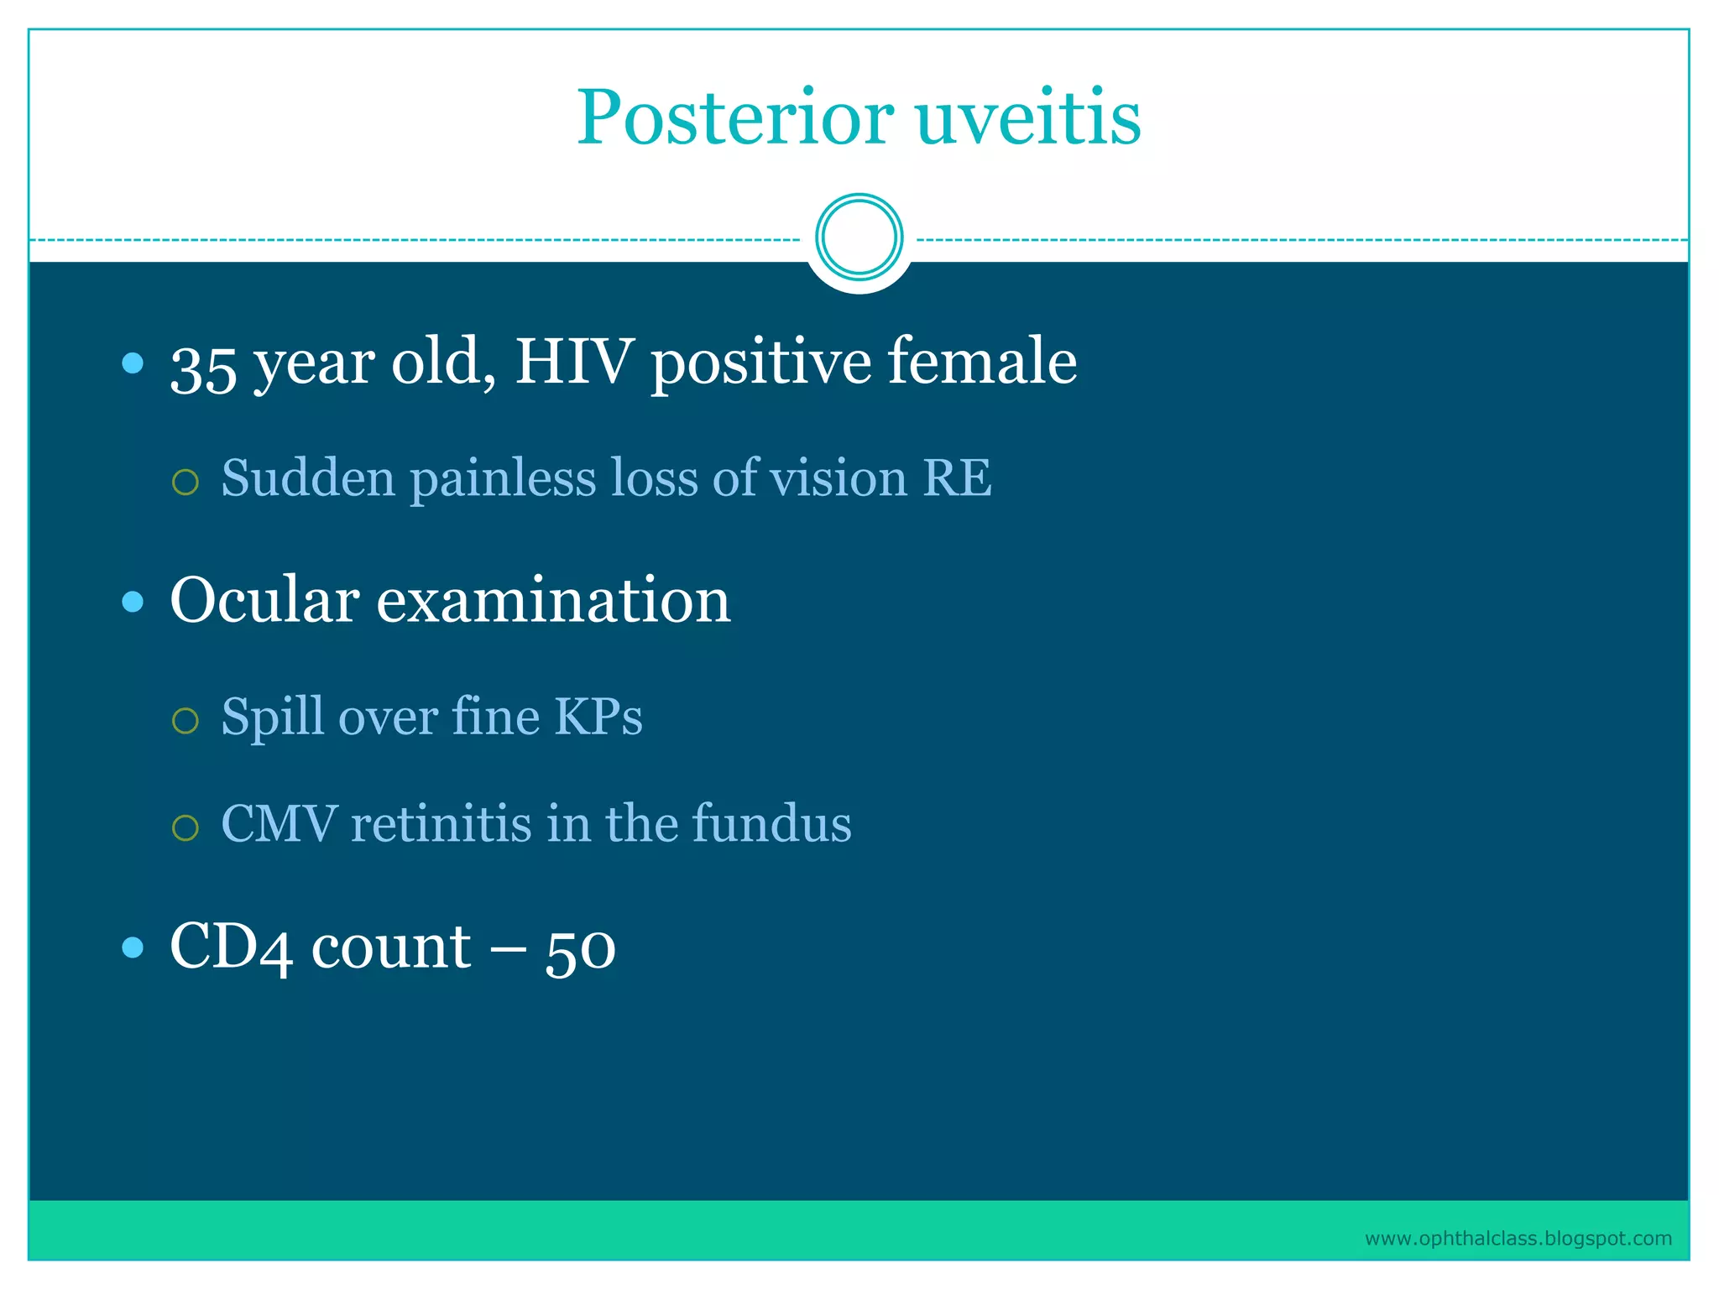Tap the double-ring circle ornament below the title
[859, 237]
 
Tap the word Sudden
[308, 478]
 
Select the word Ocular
[264, 601]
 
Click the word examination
[553, 601]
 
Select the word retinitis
[442, 824]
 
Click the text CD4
[231, 948]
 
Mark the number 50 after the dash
[580, 950]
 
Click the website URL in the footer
[1518, 1239]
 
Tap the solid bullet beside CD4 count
[133, 948]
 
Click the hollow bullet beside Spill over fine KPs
[185, 721]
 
